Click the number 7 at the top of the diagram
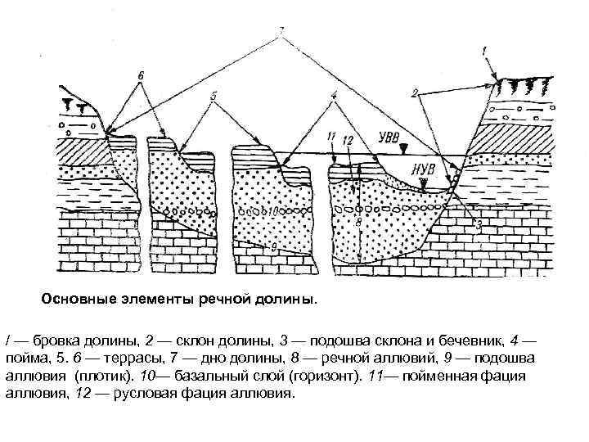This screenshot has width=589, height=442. point(281,33)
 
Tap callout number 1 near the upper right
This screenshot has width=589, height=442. point(486,52)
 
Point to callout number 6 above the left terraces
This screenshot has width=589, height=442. point(141,75)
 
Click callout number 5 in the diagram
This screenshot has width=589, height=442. point(214,96)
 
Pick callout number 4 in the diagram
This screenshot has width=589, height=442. point(333,96)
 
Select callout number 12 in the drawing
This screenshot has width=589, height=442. point(347,142)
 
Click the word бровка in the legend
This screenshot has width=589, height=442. point(50,339)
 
